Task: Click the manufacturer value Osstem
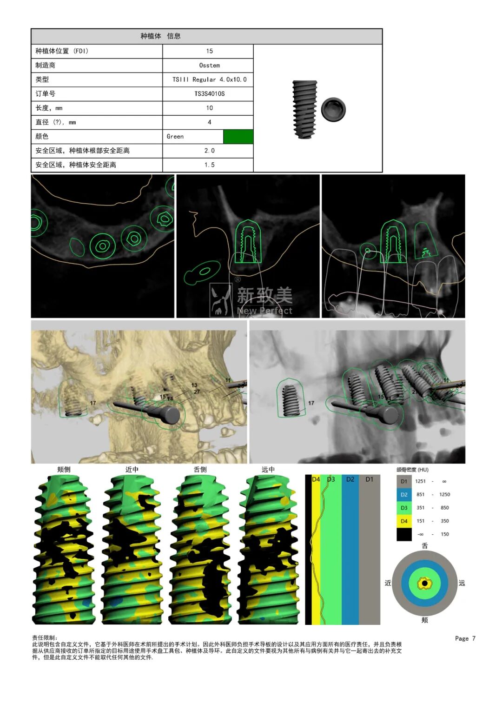pos(209,65)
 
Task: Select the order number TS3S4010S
pos(209,94)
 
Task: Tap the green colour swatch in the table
pos(238,137)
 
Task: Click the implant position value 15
pos(209,51)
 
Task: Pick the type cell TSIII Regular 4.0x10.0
pos(209,80)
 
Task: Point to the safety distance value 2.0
pos(209,151)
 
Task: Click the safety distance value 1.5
pos(209,165)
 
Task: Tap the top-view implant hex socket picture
pos(333,109)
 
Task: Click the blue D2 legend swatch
pos(404,494)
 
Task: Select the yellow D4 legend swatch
pos(404,521)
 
